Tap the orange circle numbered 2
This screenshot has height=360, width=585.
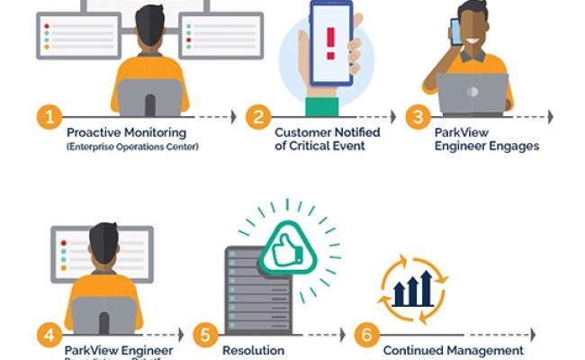click(260, 117)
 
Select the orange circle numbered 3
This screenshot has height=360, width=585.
click(417, 117)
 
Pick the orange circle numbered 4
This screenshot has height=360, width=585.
click(48, 335)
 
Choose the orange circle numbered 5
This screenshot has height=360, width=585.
click(206, 335)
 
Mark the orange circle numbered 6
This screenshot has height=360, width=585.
click(365, 335)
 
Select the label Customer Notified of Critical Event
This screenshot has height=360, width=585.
click(327, 139)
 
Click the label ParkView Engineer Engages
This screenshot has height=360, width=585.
click(487, 139)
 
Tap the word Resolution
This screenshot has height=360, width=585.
click(253, 350)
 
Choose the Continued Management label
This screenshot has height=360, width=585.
click(453, 350)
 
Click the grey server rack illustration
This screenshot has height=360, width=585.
click(249, 288)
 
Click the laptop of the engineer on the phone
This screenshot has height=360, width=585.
click(473, 93)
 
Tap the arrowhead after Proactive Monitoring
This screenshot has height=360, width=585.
click(233, 117)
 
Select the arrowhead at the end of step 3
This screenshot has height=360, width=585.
click(550, 117)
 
